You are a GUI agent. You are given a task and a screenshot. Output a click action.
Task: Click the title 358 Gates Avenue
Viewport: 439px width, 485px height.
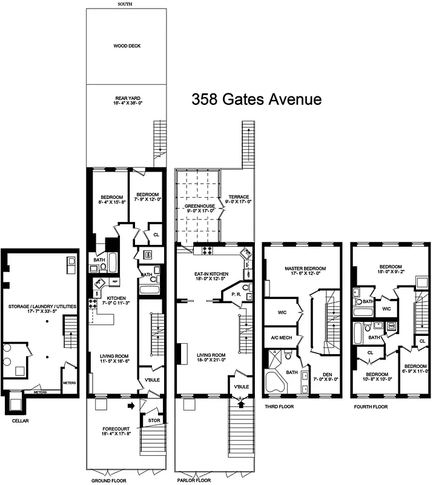point(256,99)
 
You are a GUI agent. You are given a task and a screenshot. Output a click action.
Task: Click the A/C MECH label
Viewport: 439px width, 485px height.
point(278,338)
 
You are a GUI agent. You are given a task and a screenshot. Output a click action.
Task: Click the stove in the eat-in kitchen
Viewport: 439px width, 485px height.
point(206,250)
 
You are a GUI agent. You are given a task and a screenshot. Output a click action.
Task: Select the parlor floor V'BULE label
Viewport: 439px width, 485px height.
point(242,387)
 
